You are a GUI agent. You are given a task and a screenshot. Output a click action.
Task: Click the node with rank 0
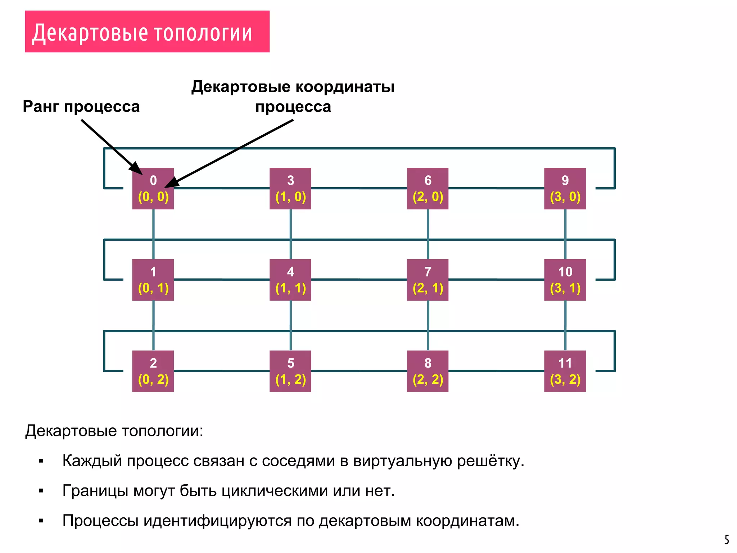(153, 188)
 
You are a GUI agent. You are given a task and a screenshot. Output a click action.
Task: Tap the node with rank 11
(565, 371)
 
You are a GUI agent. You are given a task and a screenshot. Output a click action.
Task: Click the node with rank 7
(428, 280)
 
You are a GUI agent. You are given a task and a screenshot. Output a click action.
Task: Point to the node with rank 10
(565, 280)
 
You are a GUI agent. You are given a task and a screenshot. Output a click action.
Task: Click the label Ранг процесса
(81, 107)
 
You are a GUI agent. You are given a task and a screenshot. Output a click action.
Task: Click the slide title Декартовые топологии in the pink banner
(142, 33)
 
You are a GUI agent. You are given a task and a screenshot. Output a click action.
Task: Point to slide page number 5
(727, 540)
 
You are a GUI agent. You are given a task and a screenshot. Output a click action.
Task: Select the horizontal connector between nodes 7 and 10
(496, 279)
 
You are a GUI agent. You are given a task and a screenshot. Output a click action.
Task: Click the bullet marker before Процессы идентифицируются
(41, 521)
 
